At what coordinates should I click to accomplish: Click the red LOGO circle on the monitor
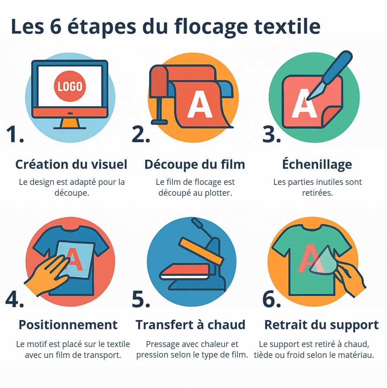coord(70,86)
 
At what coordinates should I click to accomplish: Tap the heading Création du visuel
coord(71,164)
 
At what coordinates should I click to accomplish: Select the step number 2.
coord(140,134)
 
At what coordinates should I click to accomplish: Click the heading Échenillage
coord(317,164)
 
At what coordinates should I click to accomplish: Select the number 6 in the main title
coord(56,27)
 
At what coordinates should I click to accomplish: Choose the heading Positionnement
coord(68,325)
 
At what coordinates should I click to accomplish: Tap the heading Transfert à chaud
coord(191,325)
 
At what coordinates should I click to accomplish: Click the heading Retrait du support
coord(321,325)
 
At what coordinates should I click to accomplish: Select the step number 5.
coord(140,300)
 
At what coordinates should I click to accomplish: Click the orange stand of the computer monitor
coord(70,123)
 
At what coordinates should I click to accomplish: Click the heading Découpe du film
coord(195,164)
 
